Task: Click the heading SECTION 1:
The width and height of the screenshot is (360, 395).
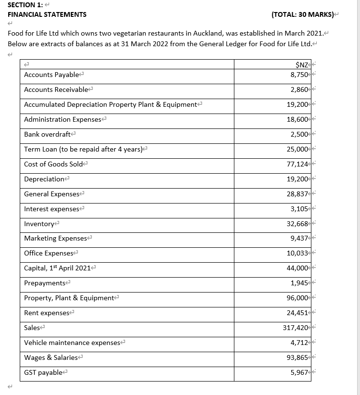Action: point(25,4)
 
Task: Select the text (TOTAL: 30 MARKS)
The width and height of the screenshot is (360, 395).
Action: point(302,14)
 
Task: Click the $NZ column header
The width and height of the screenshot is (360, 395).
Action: point(302,65)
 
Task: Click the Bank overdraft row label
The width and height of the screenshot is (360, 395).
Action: point(45,134)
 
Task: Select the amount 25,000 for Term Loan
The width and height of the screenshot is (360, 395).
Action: point(298,149)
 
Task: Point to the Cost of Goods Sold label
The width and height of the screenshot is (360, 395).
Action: point(53,164)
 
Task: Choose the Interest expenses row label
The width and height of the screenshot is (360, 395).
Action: point(51,209)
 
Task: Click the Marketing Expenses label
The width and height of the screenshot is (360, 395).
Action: point(55,238)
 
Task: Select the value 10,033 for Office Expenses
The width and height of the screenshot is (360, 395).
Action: point(298,253)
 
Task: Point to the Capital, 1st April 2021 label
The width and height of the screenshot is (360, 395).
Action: point(57,268)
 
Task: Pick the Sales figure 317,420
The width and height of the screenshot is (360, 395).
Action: point(296,328)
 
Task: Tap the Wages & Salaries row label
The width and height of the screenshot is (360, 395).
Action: point(51,357)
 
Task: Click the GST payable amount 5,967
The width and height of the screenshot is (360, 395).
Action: point(299,372)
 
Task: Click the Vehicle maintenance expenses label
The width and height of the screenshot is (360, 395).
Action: point(72,343)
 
